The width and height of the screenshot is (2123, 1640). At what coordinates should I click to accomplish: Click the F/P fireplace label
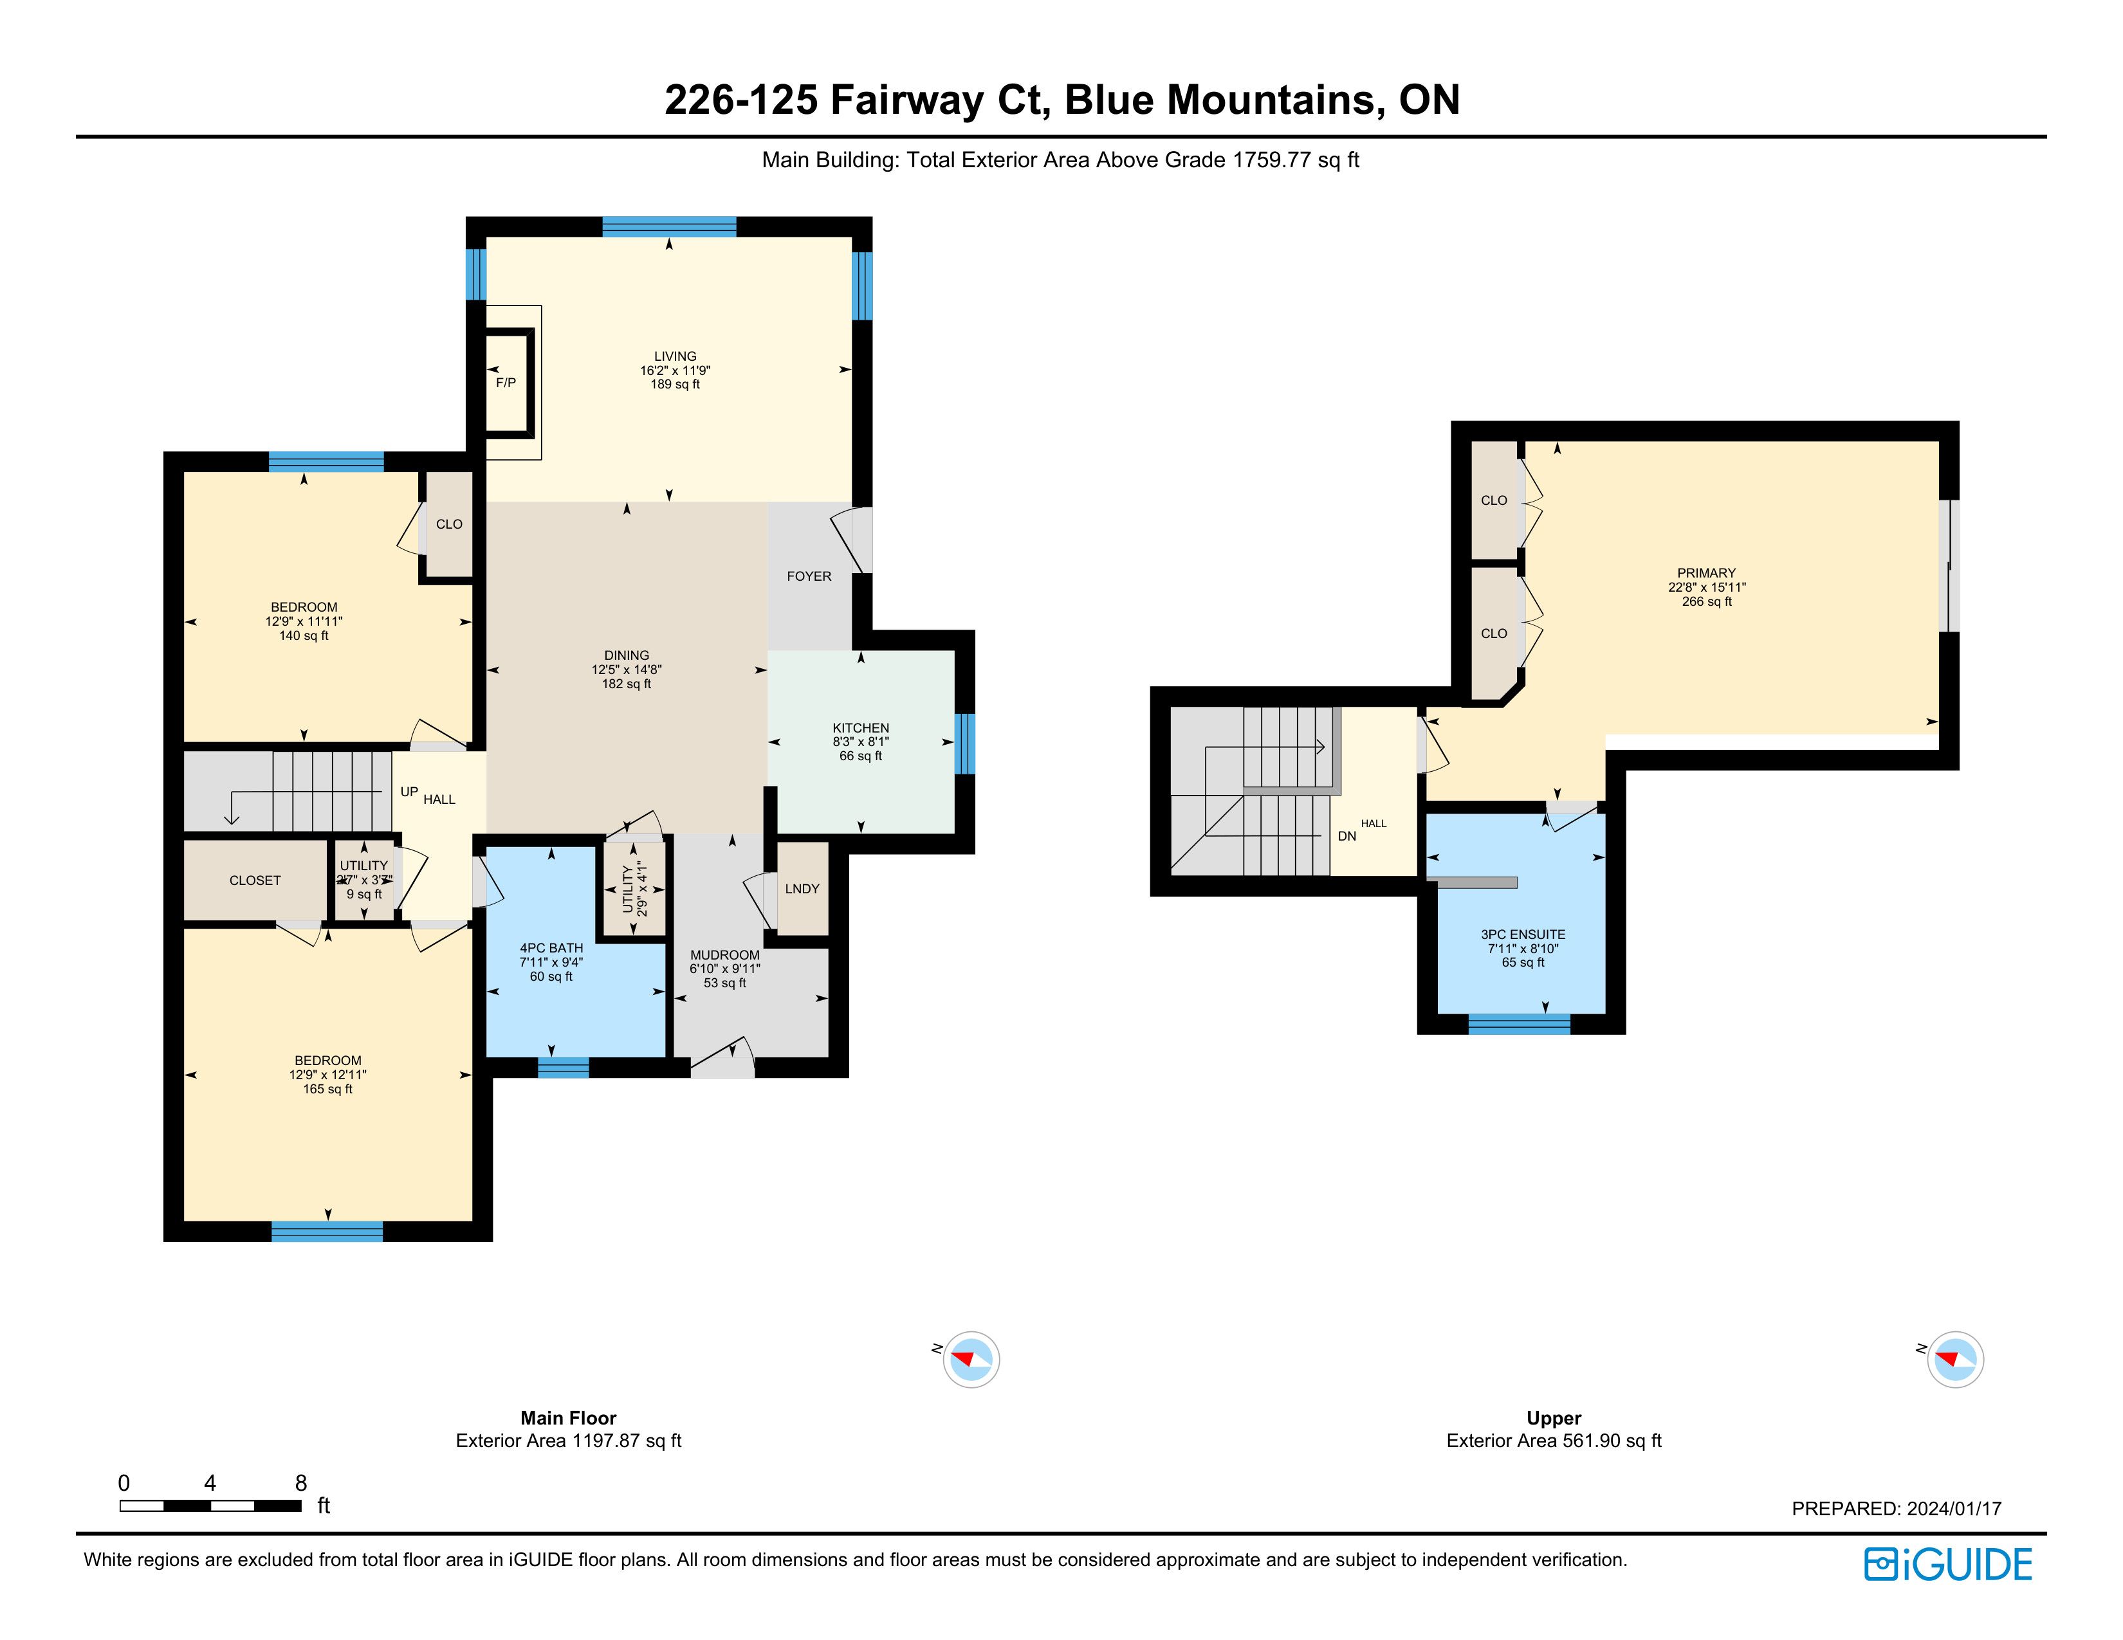click(x=506, y=383)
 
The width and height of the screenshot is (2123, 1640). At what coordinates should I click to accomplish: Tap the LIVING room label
click(x=675, y=356)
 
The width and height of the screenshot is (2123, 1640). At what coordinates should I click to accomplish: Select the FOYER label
click(x=809, y=576)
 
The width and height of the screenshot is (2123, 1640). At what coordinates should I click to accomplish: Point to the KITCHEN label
click(x=860, y=727)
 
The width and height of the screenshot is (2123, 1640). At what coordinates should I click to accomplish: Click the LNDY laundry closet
click(x=802, y=888)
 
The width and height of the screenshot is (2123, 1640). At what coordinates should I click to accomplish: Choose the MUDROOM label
click(x=724, y=955)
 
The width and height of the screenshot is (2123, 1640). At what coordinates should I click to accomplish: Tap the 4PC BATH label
click(x=551, y=947)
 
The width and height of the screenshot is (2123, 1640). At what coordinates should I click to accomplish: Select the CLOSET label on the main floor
click(x=255, y=880)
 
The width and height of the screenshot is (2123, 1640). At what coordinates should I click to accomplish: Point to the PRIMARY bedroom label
click(x=1706, y=573)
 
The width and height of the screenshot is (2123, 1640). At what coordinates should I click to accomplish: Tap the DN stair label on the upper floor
click(x=1346, y=835)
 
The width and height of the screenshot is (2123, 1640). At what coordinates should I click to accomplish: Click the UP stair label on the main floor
click(x=409, y=792)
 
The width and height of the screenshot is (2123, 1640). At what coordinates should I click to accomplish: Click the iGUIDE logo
click(x=1947, y=1564)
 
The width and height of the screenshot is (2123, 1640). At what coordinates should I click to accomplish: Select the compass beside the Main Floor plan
click(x=970, y=1358)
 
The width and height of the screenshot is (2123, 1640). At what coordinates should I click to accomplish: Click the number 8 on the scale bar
click(x=301, y=1482)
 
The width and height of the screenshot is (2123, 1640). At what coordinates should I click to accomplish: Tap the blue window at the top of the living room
click(x=669, y=227)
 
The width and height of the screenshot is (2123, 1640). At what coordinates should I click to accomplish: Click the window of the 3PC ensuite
click(x=1518, y=1024)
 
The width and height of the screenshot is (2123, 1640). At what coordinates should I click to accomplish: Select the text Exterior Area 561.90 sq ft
click(x=1554, y=1441)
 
